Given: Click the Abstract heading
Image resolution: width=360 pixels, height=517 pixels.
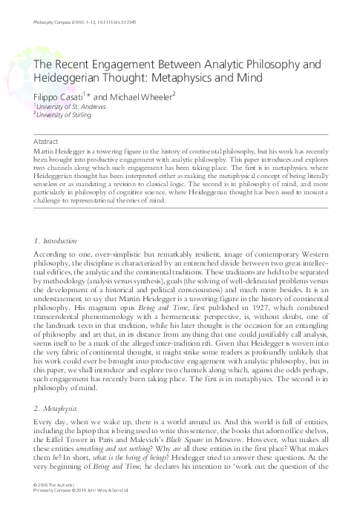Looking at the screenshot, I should coord(48,140).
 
